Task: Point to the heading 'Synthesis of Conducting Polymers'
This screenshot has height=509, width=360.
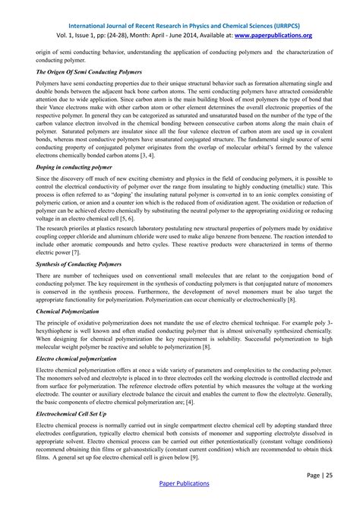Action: pyautogui.click(x=79, y=264)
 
